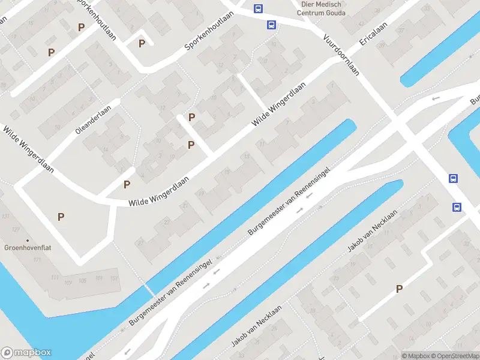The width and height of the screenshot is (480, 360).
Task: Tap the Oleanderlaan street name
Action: tap(94, 120)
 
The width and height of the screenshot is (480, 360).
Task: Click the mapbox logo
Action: tap(26, 353)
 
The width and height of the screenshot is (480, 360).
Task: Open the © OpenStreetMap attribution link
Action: tap(455, 356)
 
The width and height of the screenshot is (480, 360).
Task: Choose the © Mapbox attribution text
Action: tap(415, 356)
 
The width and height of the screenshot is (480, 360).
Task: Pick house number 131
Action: tap(7, 216)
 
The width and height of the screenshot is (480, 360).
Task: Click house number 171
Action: tap(37, 259)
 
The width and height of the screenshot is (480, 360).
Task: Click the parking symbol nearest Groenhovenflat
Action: tap(61, 217)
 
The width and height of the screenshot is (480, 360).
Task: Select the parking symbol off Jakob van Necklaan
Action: tap(399, 289)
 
